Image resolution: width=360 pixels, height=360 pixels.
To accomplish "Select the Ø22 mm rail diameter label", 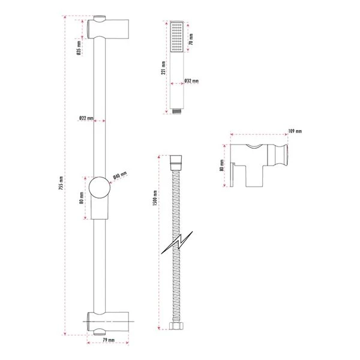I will tap(86, 118).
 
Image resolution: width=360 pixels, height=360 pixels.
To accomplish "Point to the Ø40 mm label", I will tap(121, 176).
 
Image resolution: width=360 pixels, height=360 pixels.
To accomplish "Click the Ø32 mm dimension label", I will tap(191, 81).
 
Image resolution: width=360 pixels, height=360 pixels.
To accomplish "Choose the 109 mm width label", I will tap(295, 131).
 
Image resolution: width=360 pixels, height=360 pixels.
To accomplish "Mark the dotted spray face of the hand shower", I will tap(176, 38).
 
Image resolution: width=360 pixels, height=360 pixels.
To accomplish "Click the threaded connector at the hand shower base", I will tap(176, 111).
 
